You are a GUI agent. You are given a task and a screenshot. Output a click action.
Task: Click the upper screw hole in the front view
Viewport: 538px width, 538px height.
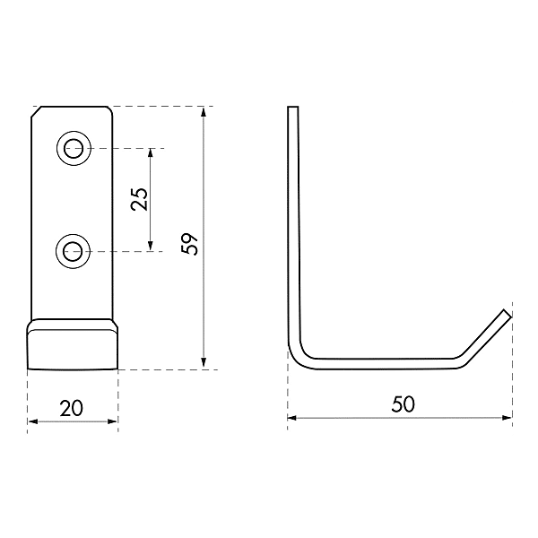pyautogui.click(x=74, y=148)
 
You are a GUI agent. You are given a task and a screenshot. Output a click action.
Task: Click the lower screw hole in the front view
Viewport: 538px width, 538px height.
pyautogui.click(x=74, y=251)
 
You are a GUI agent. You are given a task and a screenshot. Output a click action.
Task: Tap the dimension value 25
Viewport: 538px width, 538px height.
pyautogui.click(x=139, y=199)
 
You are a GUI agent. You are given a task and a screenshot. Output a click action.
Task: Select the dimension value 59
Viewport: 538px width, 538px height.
pyautogui.click(x=189, y=244)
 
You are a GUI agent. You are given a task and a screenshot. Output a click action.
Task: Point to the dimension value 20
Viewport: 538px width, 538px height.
pyautogui.click(x=72, y=408)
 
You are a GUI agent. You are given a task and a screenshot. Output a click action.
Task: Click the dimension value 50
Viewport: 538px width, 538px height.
pyautogui.click(x=403, y=404)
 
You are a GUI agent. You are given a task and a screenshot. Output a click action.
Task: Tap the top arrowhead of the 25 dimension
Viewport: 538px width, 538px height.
pyautogui.click(x=151, y=153)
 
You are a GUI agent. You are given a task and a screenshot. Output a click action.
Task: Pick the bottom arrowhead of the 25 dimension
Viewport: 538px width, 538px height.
pyautogui.click(x=151, y=245)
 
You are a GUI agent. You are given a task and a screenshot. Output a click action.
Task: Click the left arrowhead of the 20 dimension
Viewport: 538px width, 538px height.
pyautogui.click(x=32, y=421)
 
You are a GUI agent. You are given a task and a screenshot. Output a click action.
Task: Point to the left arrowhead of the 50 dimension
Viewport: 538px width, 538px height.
pyautogui.click(x=292, y=417)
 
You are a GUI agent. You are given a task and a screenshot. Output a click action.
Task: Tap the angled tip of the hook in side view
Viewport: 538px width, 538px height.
pyautogui.click(x=505, y=314)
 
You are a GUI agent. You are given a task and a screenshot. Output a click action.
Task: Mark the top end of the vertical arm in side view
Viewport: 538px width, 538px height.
pyautogui.click(x=291, y=109)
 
